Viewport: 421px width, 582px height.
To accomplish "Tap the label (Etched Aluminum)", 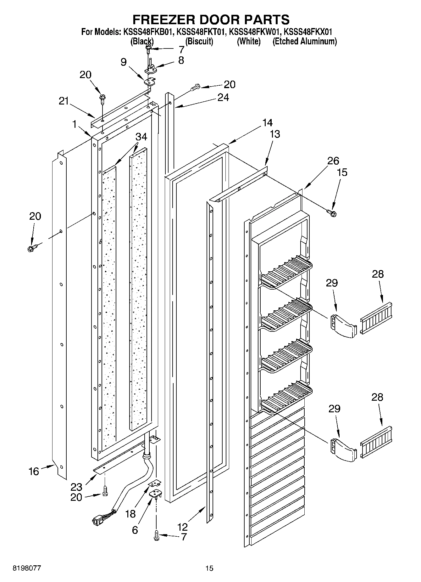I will click(x=305, y=41).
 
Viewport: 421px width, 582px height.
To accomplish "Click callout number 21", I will click(x=64, y=101).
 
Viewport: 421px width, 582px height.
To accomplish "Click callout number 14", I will click(x=268, y=122).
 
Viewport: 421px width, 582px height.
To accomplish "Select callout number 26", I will click(x=333, y=161).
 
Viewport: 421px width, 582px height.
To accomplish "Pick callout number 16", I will click(x=34, y=471).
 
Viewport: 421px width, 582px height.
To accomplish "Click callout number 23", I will click(x=76, y=487).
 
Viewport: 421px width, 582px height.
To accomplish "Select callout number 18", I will click(x=130, y=514).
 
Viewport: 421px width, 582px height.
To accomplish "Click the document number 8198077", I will click(x=27, y=568).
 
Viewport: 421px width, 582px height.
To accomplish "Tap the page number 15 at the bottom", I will click(x=209, y=568).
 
